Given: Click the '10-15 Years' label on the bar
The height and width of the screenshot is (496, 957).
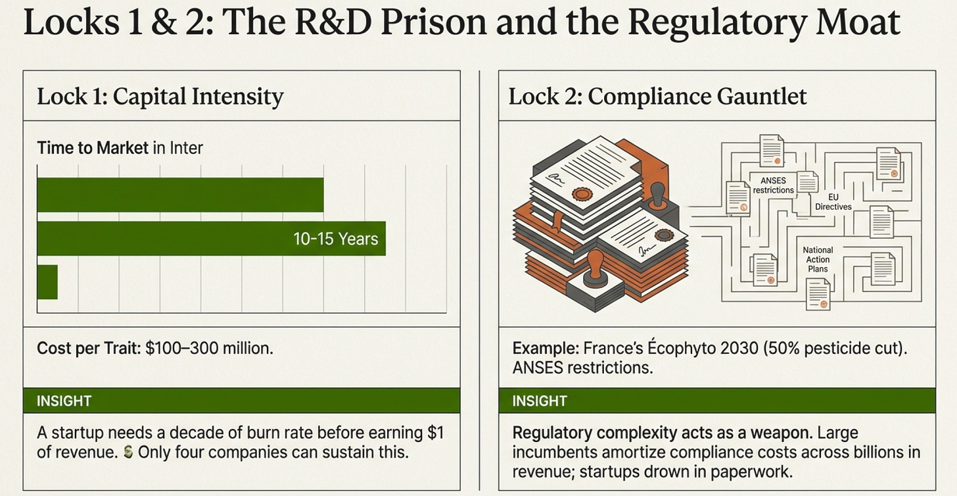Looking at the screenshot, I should [x=335, y=238].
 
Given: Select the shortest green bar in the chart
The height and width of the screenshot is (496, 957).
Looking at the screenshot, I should [x=47, y=282].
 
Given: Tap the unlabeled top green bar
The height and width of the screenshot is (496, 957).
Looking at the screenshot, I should [x=180, y=195].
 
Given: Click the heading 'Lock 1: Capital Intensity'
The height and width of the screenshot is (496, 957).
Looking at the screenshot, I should [x=160, y=97].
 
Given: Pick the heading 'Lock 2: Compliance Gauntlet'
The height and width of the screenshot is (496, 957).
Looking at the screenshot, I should [x=657, y=97].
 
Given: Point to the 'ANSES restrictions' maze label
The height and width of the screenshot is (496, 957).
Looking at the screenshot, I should [x=773, y=186].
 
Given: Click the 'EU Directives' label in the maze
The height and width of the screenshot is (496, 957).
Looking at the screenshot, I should [x=833, y=201].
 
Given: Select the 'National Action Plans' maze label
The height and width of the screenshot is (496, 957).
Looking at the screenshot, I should [x=818, y=259].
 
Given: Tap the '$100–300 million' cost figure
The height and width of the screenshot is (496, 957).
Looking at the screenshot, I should [x=208, y=348].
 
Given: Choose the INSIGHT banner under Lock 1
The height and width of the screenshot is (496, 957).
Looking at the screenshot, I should [x=241, y=401].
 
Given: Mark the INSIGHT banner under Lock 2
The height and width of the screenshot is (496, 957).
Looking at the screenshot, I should [x=716, y=401].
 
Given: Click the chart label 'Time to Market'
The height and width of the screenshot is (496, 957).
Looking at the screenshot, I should [x=93, y=147].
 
